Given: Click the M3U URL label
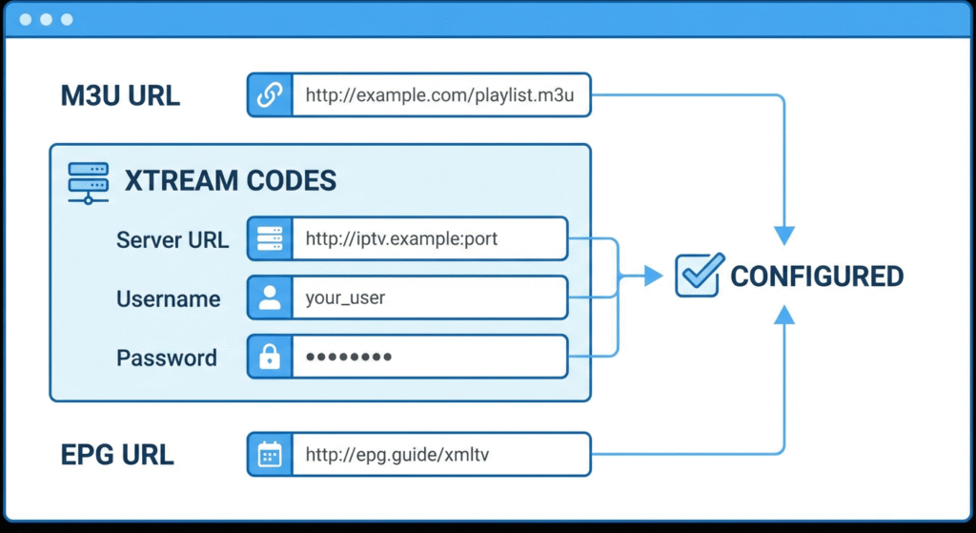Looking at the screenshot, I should (x=120, y=95).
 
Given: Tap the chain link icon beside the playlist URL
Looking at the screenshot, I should (x=270, y=95).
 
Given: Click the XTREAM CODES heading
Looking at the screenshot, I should (x=230, y=180).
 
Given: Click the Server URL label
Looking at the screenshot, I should (x=173, y=239).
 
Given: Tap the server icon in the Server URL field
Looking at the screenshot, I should (x=270, y=239).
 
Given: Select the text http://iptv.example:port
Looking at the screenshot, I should (x=401, y=239).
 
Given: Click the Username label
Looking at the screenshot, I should (x=168, y=299).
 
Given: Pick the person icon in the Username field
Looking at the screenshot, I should (x=270, y=298).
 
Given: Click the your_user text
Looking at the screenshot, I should (x=345, y=298).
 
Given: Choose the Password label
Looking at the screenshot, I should (x=167, y=359).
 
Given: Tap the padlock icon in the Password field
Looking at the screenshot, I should (x=270, y=358).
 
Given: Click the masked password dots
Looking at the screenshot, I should (x=349, y=358).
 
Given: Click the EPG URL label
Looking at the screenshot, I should (x=117, y=455).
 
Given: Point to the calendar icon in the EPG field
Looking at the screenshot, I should (x=270, y=455).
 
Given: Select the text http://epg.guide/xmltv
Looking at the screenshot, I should (x=397, y=455).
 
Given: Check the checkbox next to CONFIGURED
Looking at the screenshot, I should (x=697, y=276).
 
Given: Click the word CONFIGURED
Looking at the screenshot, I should (x=816, y=277).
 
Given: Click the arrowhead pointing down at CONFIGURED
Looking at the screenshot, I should (x=783, y=236).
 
